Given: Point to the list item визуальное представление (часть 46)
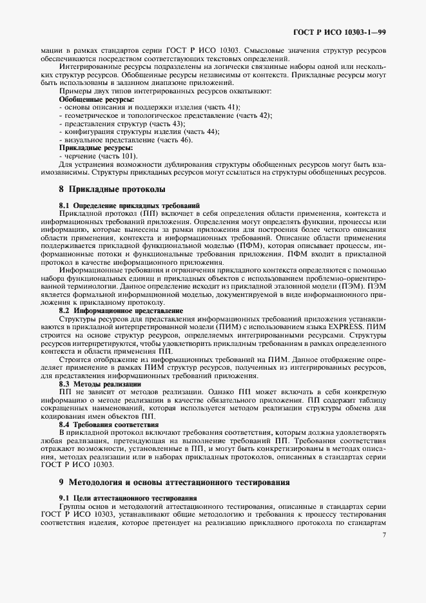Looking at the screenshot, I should (x=125, y=140).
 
